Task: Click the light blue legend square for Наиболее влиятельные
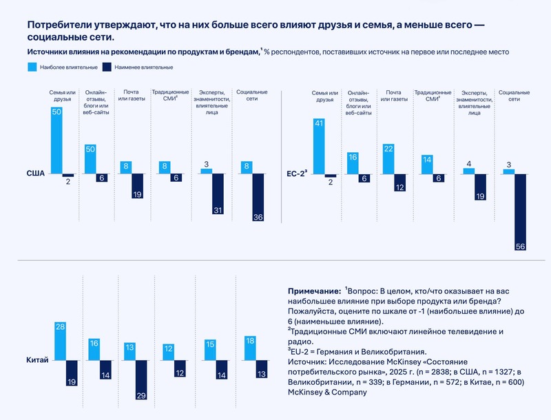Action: [32, 67]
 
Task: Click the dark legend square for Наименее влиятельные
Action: [107, 67]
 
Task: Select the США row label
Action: [36, 174]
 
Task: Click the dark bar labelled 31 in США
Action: [218, 195]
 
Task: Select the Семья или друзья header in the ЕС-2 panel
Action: [324, 96]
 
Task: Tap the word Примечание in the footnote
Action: [312, 292]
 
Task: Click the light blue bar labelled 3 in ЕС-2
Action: [509, 171]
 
